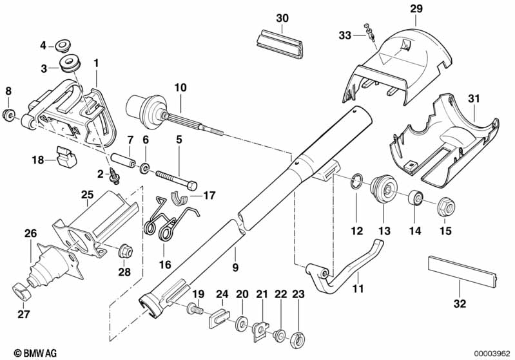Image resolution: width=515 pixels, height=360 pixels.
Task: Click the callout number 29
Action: pos(416,8)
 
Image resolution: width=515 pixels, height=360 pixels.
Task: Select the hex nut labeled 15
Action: pos(445,207)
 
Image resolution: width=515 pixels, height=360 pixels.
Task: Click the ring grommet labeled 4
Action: pos(63,46)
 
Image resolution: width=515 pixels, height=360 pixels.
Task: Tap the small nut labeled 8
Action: pos(8,115)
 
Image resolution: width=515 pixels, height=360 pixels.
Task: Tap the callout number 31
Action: pos(474,99)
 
